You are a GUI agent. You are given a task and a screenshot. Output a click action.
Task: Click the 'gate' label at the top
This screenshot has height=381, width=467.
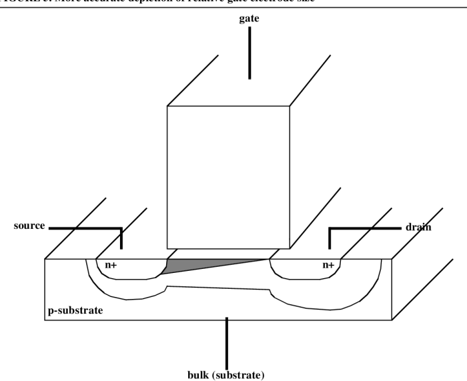pyautogui.click(x=250, y=19)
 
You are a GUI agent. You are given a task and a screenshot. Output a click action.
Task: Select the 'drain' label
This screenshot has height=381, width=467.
pyautogui.click(x=419, y=228)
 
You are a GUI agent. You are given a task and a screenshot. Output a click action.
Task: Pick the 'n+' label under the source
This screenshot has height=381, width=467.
pyautogui.click(x=111, y=265)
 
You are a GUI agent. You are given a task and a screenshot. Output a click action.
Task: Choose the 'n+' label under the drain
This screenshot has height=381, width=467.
pyautogui.click(x=328, y=265)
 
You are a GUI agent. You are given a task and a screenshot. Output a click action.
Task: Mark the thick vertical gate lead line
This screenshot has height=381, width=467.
pyautogui.click(x=250, y=53)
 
